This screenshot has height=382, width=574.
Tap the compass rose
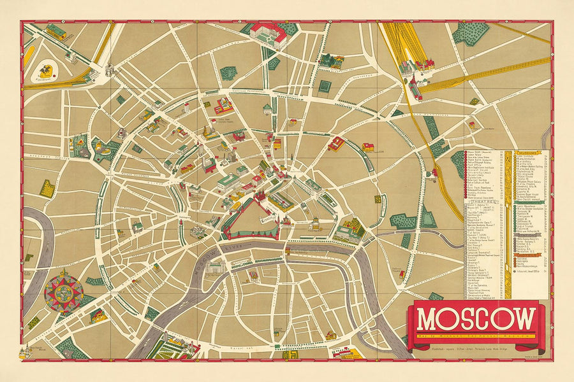pos(63,291)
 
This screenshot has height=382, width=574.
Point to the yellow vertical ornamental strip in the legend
pos(509,223)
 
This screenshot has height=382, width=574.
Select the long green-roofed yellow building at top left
pos(56,31)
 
